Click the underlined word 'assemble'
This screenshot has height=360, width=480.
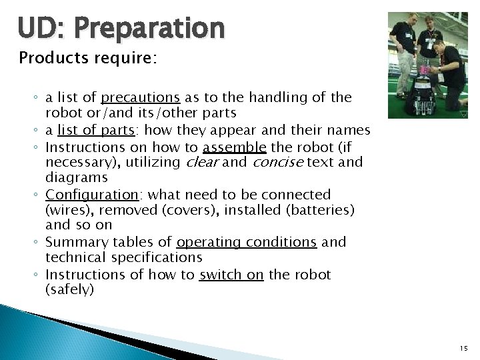click(x=235, y=147)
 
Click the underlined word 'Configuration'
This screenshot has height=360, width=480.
click(x=91, y=195)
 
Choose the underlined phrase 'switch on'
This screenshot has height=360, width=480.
click(x=231, y=275)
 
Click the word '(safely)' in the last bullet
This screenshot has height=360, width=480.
click(x=70, y=289)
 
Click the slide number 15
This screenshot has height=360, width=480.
click(x=463, y=348)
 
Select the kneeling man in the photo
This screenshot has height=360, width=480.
click(x=450, y=70)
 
